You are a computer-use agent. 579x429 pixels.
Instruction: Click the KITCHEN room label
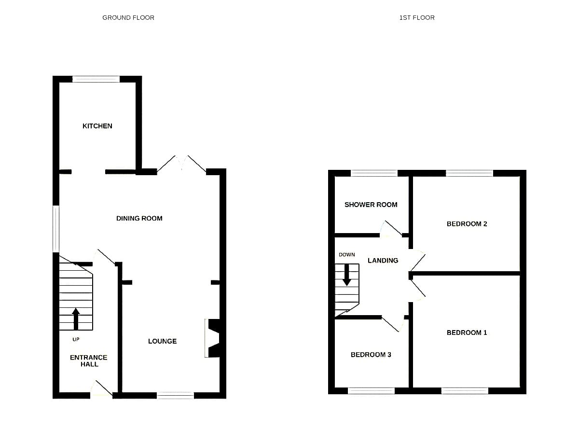click(x=97, y=126)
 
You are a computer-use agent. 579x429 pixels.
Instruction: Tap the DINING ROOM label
click(x=139, y=218)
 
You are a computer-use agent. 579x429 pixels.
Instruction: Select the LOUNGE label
click(x=163, y=341)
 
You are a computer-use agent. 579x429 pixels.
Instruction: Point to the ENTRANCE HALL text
click(x=89, y=360)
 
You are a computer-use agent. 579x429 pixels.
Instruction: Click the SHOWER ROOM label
click(x=371, y=205)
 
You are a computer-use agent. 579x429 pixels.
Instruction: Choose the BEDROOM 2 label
click(x=467, y=224)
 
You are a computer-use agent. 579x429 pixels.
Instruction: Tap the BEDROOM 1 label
click(x=467, y=332)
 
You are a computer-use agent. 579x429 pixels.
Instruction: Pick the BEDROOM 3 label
click(x=371, y=354)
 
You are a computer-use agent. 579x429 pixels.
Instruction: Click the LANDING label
click(x=383, y=260)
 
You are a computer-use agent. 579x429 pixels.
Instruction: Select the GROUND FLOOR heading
click(x=128, y=18)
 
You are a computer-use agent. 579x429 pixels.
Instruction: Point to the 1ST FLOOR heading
click(x=417, y=18)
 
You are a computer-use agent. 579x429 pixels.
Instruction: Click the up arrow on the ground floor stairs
click(x=76, y=319)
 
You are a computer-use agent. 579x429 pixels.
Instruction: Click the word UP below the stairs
click(x=76, y=339)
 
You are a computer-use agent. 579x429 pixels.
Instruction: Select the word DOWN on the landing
click(x=346, y=255)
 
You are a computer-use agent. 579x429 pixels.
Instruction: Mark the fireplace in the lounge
click(x=212, y=338)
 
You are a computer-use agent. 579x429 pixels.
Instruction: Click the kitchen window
click(x=96, y=79)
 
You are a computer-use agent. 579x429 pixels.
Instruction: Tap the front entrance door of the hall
click(x=102, y=390)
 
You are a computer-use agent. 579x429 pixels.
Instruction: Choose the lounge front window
click(x=176, y=395)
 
